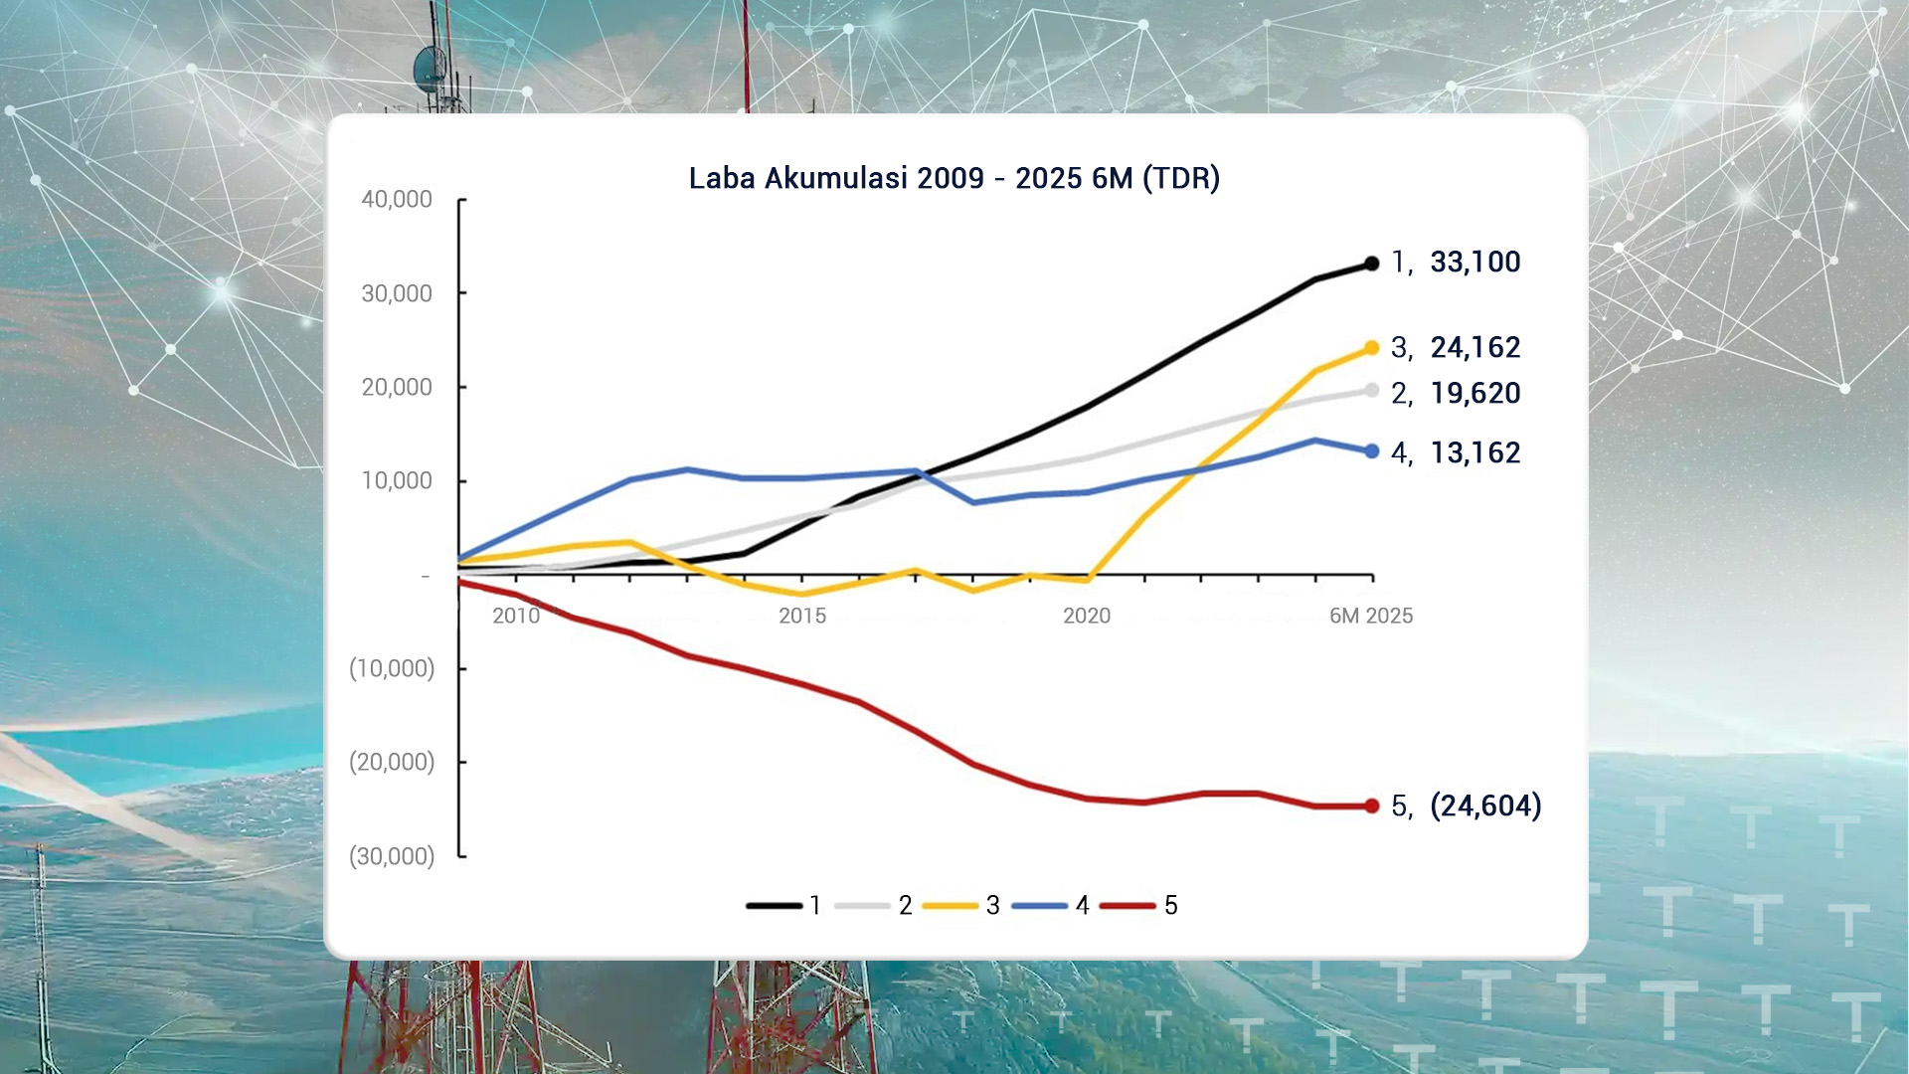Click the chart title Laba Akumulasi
pos(954,178)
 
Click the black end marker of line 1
pos(1372,264)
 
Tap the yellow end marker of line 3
pos(1372,348)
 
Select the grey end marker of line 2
pos(1372,391)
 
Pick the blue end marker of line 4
pos(1372,451)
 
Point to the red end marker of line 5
pos(1372,805)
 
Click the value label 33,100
pos(1475,263)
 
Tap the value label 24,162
pos(1475,348)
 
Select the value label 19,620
pos(1475,394)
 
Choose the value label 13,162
pos(1475,453)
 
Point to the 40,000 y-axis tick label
pos(397,200)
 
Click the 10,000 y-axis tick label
pos(397,481)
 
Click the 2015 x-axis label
pos(802,617)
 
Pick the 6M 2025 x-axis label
pos(1371,617)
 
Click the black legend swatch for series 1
pos(774,906)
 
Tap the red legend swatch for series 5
pos(1128,906)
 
